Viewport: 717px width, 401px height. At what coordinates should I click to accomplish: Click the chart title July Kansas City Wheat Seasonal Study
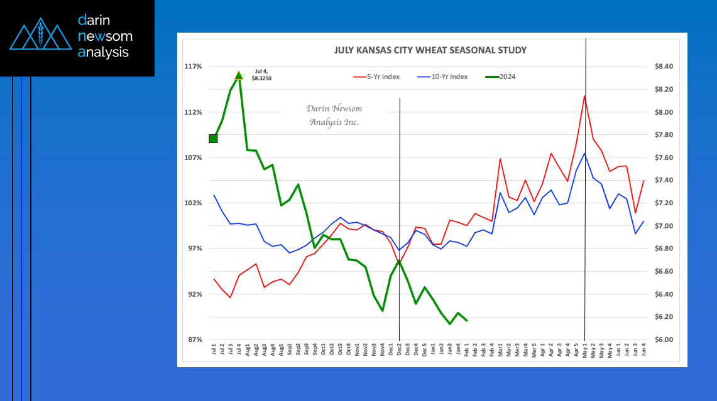430,50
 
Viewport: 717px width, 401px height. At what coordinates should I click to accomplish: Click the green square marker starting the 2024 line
213,139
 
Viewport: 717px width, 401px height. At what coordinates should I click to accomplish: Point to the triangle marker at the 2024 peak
239,76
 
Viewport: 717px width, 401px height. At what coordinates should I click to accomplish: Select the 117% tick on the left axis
193,67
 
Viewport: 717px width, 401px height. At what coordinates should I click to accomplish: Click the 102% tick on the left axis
193,203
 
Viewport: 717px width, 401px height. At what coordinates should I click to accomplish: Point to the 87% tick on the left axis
193,340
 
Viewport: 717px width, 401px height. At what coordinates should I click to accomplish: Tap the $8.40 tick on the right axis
664,67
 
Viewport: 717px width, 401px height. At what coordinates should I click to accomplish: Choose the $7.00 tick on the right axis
664,226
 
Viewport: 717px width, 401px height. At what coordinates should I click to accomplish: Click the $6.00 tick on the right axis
664,340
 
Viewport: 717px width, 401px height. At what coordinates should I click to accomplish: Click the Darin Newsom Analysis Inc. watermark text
334,115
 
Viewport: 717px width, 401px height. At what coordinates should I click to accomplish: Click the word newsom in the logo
105,36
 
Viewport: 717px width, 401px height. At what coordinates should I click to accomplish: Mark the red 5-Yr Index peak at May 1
585,95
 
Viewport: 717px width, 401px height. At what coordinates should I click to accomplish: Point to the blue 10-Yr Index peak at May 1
585,153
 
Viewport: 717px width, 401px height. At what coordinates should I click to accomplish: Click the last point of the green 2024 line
466,321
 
